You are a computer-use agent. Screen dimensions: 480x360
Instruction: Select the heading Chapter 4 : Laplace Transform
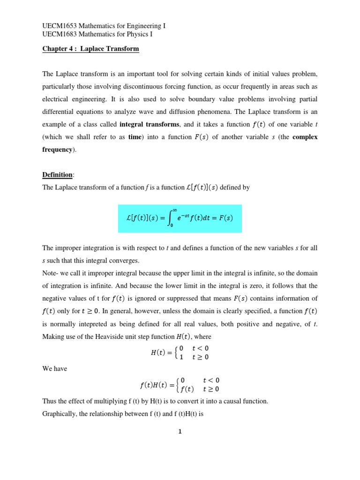click(x=90, y=49)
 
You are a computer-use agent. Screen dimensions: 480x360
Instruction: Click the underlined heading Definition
click(x=57, y=175)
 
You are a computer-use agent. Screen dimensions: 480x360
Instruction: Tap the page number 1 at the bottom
click(x=180, y=432)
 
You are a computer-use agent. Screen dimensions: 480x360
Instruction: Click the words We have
click(x=55, y=368)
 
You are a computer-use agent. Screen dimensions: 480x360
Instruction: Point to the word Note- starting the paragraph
click(x=51, y=285)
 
